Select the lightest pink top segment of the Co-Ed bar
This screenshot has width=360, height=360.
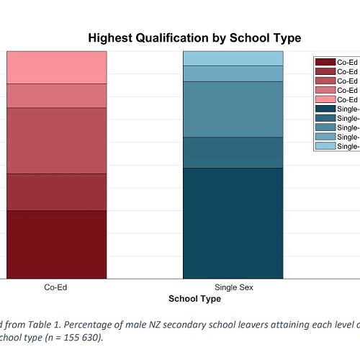click(56, 67)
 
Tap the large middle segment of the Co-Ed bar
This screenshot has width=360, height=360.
click(56, 140)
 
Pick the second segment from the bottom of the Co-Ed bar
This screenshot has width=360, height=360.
click(56, 192)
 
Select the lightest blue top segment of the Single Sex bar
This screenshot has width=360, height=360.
click(233, 58)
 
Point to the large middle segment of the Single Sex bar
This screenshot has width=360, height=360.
click(233, 109)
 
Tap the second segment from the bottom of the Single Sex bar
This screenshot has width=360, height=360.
click(233, 152)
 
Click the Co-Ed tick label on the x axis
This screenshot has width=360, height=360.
click(56, 287)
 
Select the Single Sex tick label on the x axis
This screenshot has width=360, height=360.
click(233, 287)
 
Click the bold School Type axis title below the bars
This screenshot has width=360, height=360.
click(194, 298)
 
